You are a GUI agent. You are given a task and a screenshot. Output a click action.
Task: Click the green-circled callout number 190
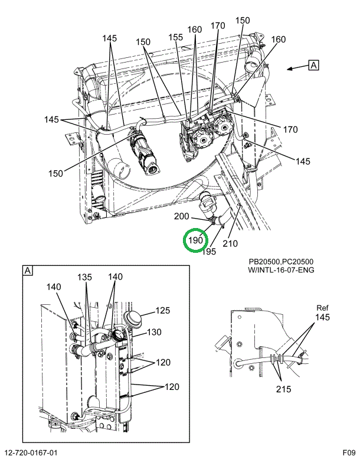pyautogui.click(x=195, y=240)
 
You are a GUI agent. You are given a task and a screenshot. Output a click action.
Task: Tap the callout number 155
pyautogui.click(x=176, y=36)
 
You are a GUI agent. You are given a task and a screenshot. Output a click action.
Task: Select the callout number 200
pyautogui.click(x=182, y=216)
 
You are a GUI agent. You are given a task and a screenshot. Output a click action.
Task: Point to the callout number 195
pyautogui.click(x=209, y=252)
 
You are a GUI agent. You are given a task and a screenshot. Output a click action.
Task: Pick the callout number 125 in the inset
pyautogui.click(x=163, y=310)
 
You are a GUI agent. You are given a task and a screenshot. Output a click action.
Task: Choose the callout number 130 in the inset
pyautogui.click(x=154, y=332)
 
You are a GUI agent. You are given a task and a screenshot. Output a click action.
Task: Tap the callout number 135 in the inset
pyautogui.click(x=86, y=277)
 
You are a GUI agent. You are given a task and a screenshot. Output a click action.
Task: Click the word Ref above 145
pyautogui.click(x=322, y=308)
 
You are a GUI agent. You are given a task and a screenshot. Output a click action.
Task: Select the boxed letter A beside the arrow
pyautogui.click(x=313, y=65)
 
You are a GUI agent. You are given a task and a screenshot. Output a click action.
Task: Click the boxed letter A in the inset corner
pyautogui.click(x=27, y=271)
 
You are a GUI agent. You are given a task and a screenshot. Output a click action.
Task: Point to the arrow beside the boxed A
pyautogui.click(x=295, y=68)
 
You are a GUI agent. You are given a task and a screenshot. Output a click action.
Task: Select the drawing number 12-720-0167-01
pyautogui.click(x=31, y=453)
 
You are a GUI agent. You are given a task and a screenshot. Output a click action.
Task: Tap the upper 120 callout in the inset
pyautogui.click(x=163, y=362)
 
